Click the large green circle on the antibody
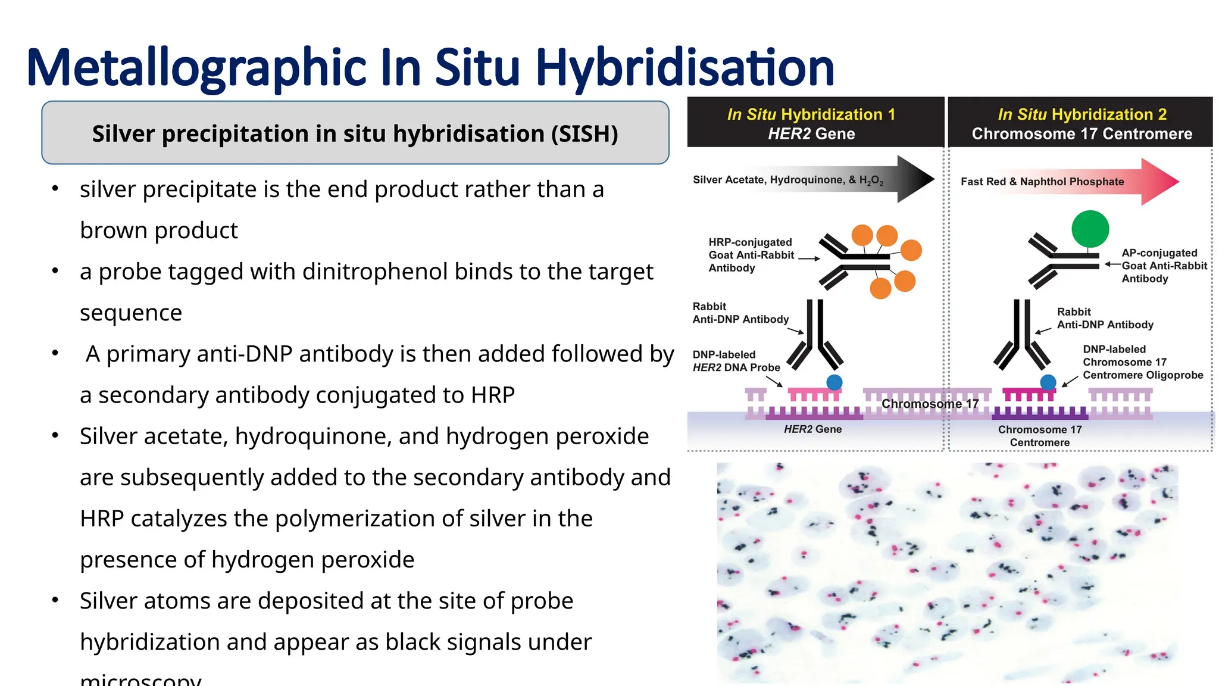(x=1090, y=229)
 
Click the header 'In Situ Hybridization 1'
(x=811, y=114)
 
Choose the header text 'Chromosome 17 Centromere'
(x=1082, y=134)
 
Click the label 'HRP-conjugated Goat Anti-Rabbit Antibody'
(x=751, y=255)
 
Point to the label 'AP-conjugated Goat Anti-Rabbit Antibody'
(x=1164, y=266)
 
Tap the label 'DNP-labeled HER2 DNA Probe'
(x=736, y=361)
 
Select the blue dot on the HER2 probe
(x=834, y=382)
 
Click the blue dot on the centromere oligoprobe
(x=1048, y=382)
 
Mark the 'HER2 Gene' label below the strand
(x=812, y=429)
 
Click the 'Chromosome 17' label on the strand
(x=930, y=404)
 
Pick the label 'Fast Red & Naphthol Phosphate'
(x=1042, y=182)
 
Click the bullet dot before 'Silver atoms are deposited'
(x=55, y=600)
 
